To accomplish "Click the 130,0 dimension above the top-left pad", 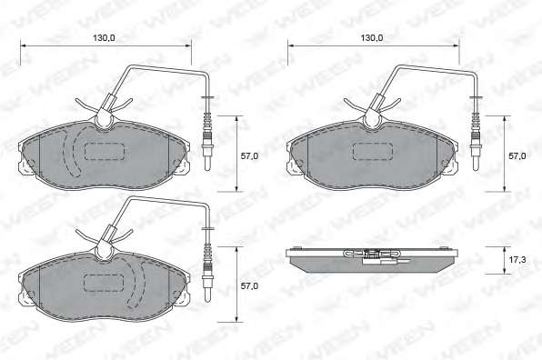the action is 104,38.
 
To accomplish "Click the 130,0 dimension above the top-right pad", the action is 372,38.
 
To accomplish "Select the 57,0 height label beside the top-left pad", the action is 249,156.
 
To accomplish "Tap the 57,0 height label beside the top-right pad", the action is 517,156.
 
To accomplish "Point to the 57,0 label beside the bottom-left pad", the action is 249,286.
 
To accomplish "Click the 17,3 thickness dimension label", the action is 517,260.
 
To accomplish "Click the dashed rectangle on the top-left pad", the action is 105,151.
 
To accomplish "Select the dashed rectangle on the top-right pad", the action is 373,151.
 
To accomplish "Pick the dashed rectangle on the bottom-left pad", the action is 104,283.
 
